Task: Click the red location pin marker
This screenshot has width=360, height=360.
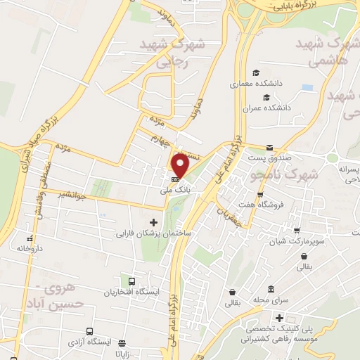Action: click(x=180, y=165)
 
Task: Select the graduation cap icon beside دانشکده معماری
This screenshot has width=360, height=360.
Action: click(x=256, y=73)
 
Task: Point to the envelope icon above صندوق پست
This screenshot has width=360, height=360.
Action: click(x=270, y=148)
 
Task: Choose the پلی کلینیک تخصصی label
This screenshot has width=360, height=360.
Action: click(x=282, y=328)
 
